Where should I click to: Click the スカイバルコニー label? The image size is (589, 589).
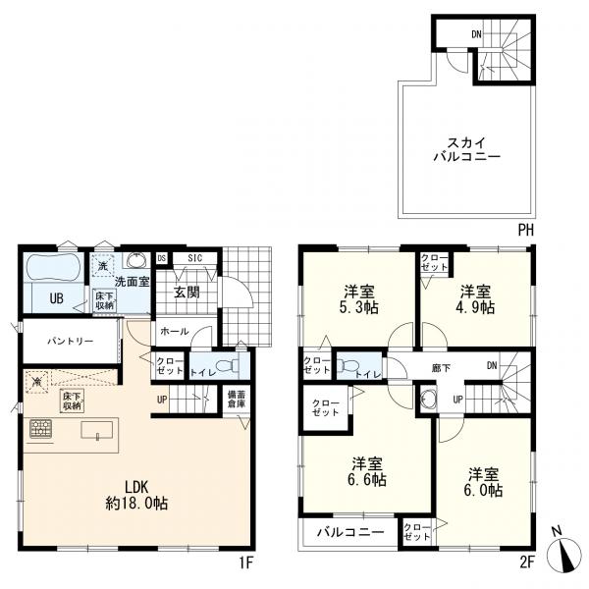tap(467, 148)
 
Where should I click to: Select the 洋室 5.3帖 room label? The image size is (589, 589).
tap(356, 299)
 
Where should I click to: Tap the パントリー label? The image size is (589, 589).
tap(66, 342)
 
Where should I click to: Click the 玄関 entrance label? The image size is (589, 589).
tap(188, 292)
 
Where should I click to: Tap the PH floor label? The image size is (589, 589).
tap(527, 230)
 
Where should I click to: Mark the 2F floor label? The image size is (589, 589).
tap(525, 563)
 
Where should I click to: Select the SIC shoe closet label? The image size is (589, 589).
tap(194, 258)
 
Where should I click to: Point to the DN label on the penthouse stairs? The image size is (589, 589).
tap(476, 34)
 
